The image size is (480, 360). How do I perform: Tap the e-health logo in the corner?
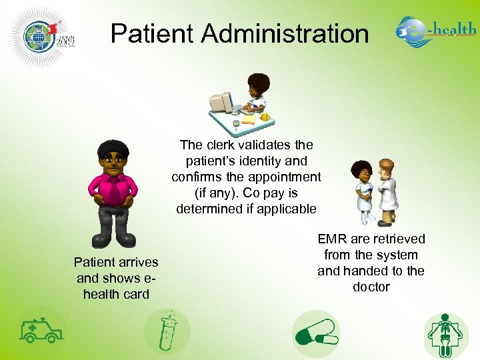tap(436, 32)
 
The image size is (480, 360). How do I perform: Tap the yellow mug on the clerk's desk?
tap(265, 117)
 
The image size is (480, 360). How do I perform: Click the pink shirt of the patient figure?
tap(113, 189)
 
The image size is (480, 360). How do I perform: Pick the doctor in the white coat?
tap(386, 189)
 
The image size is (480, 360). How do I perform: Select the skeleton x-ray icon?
tap(446, 334)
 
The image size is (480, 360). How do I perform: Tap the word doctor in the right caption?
tap(371, 287)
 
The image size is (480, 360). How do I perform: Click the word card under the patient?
tap(136, 294)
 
